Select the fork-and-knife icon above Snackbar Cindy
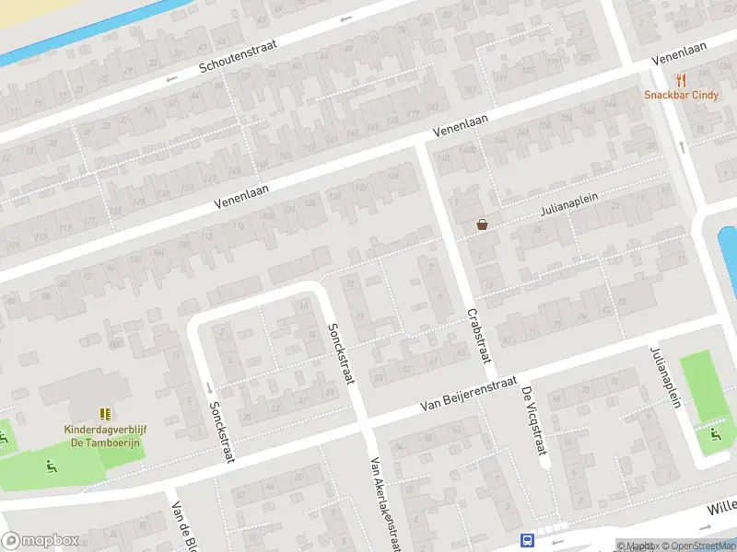682,81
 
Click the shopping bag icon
482,224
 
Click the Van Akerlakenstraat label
384,505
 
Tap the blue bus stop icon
528,541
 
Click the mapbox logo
41,541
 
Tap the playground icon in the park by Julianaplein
714,433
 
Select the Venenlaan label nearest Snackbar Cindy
681,52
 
